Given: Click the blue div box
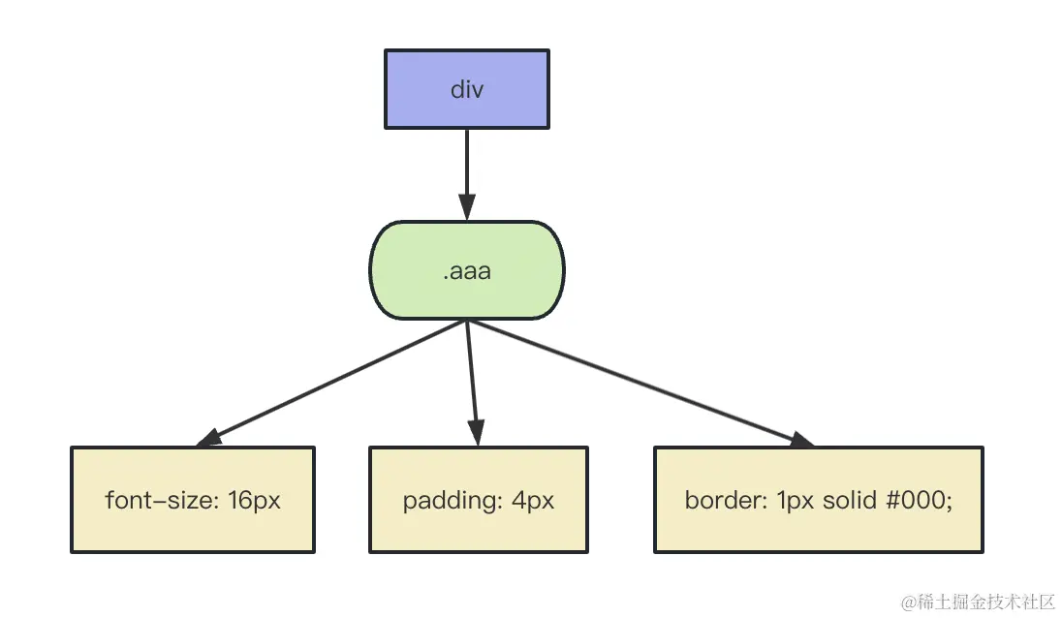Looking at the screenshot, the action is (x=467, y=89).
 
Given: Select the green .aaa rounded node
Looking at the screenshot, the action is (x=467, y=270).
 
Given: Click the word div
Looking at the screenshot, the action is (x=467, y=89).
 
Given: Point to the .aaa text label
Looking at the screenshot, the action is (x=467, y=271).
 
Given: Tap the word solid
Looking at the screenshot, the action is (x=850, y=500).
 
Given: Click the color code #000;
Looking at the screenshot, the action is (x=920, y=500).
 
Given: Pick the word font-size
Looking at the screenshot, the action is (x=162, y=500).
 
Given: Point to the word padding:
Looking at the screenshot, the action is (x=453, y=501).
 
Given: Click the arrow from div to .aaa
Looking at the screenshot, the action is (x=467, y=174).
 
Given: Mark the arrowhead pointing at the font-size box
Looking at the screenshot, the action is (x=208, y=438).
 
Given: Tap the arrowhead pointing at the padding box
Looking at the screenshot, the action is (x=476, y=433).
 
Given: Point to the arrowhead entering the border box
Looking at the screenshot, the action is (x=801, y=440).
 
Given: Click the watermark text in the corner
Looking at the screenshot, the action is (x=978, y=602).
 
